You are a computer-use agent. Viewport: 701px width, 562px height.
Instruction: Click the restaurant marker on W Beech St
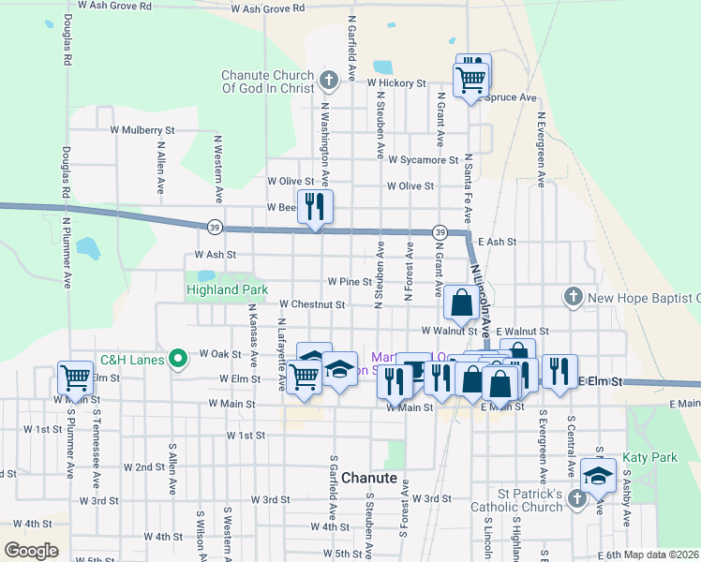[316, 206]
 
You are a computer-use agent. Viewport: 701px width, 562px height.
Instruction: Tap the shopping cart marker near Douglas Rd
[75, 377]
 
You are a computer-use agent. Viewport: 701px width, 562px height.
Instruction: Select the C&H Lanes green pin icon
[176, 359]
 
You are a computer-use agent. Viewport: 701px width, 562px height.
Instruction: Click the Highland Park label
[227, 290]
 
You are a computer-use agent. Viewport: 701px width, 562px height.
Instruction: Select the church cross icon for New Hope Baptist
[573, 297]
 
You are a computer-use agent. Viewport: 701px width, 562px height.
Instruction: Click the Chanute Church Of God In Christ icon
[328, 81]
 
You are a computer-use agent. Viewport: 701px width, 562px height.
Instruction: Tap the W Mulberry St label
[142, 130]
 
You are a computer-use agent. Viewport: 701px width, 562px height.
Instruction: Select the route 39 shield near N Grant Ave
[439, 231]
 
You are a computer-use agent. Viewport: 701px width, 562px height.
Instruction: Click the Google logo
[31, 551]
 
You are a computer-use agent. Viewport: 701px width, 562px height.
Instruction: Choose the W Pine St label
[350, 282]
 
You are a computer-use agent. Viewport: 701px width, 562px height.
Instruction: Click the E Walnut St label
[522, 331]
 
